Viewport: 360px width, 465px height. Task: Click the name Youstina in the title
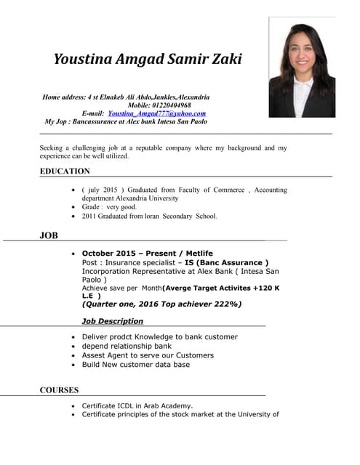(x=82, y=60)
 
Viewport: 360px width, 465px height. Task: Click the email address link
(x=156, y=114)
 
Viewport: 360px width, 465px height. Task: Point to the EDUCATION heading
(x=65, y=171)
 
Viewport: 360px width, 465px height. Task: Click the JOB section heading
(x=49, y=235)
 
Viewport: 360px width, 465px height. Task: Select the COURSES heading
(x=59, y=390)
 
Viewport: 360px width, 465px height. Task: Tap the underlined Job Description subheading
(x=113, y=321)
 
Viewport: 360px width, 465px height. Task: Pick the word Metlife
(x=197, y=254)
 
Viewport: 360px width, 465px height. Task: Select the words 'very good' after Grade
(x=121, y=207)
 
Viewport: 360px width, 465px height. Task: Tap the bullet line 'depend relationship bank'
(x=127, y=347)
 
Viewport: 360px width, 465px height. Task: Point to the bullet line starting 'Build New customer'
(x=136, y=365)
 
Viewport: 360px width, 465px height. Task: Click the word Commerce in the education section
(x=228, y=190)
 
